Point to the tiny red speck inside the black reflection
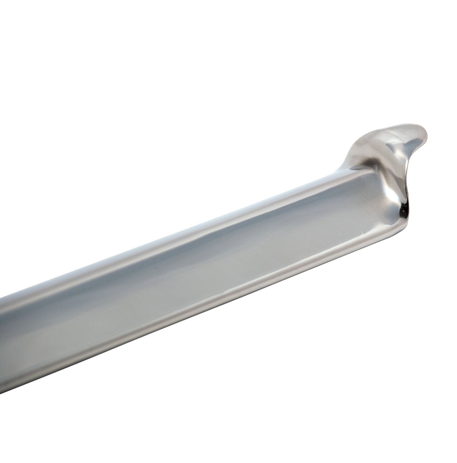pyautogui.click(x=401, y=209)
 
